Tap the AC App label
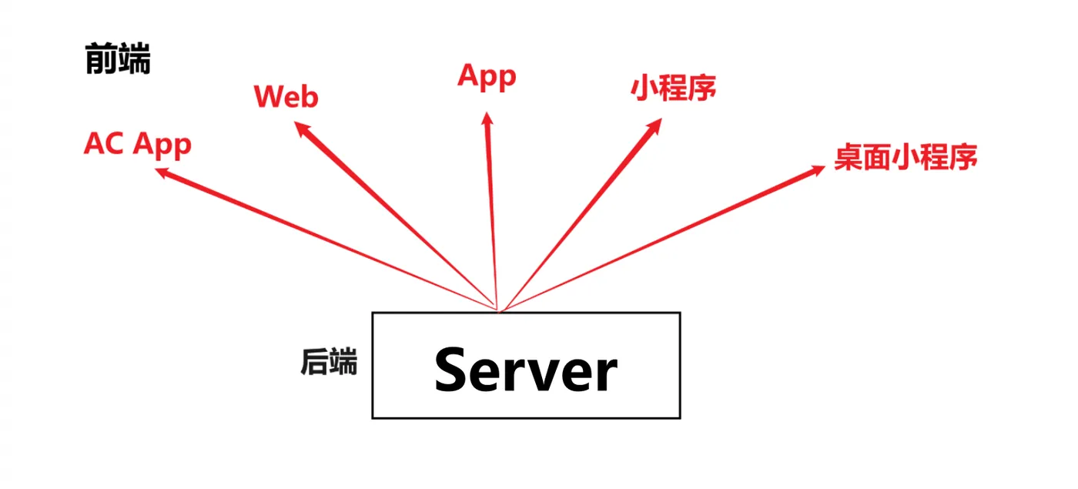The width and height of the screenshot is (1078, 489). pyautogui.click(x=137, y=144)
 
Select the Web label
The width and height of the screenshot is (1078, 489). pyautogui.click(x=286, y=97)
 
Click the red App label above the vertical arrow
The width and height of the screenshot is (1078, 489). pyautogui.click(x=487, y=76)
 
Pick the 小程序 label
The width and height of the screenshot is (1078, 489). pyautogui.click(x=673, y=88)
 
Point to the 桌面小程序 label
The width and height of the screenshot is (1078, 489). pyautogui.click(x=906, y=157)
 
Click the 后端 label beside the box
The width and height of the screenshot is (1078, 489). pyautogui.click(x=329, y=362)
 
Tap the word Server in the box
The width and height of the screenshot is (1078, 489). pyautogui.click(x=526, y=370)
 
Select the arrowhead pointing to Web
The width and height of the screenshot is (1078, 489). pyautogui.click(x=303, y=129)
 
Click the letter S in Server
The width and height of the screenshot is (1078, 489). pyautogui.click(x=454, y=370)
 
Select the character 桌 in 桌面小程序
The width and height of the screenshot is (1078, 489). pyautogui.click(x=849, y=157)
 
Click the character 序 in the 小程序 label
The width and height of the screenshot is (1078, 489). pyautogui.click(x=701, y=88)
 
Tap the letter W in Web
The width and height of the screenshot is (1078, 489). pyautogui.click(x=267, y=97)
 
